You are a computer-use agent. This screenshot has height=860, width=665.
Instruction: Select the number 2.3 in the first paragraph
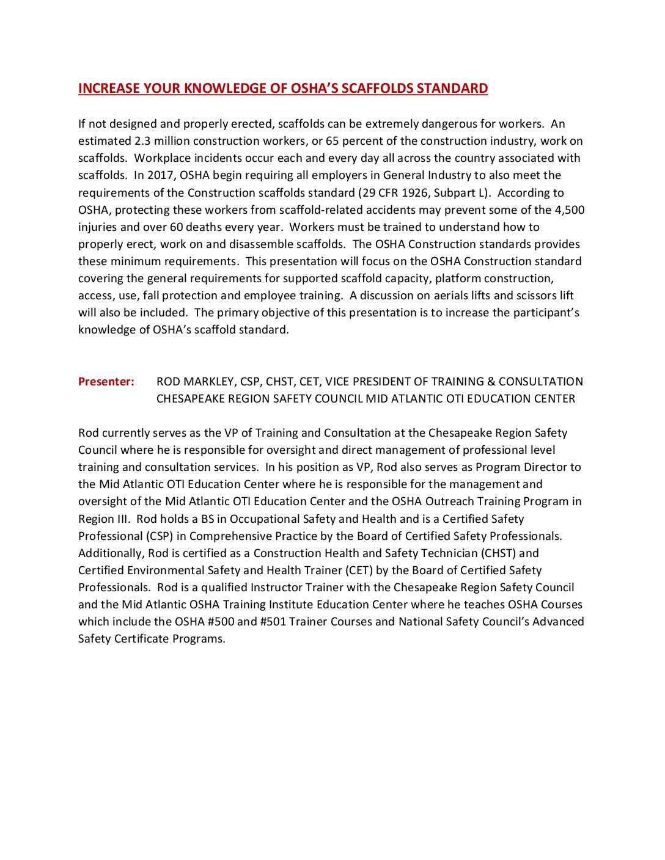pos(142,141)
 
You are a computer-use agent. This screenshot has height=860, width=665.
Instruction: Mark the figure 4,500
pos(569,210)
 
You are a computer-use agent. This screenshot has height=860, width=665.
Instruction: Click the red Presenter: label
pos(106,382)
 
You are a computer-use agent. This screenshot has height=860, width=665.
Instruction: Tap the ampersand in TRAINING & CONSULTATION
pos(490,382)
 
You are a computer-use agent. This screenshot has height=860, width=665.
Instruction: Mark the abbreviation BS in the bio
pos(207,519)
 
